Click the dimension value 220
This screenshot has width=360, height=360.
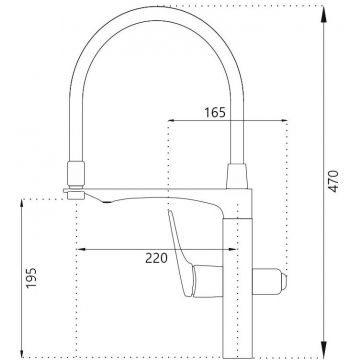pyautogui.click(x=155, y=258)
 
